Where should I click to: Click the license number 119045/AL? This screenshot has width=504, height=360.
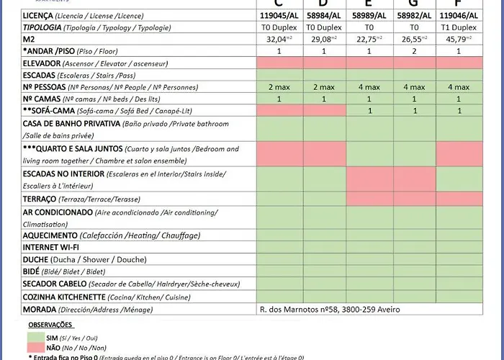(279, 15)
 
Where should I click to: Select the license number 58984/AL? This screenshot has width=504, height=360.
(324, 15)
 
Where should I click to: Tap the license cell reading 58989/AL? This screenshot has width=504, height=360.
(369, 15)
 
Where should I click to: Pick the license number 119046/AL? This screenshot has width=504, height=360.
(459, 15)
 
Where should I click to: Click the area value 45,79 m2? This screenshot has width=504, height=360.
(459, 39)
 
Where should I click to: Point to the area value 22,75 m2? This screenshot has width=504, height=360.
(369, 39)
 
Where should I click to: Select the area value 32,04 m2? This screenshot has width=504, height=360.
(279, 39)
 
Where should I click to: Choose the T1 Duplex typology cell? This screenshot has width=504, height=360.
(459, 27)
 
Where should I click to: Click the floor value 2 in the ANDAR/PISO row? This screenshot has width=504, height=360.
(414, 51)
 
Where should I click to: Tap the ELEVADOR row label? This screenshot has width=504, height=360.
(43, 63)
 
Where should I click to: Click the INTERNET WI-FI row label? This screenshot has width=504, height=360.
(50, 247)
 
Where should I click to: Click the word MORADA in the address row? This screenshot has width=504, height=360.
(40, 310)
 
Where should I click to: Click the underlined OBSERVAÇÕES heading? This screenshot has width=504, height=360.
(51, 325)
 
